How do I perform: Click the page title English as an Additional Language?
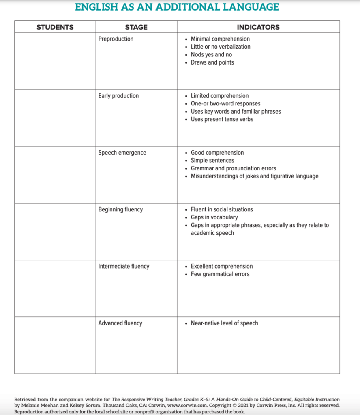(x=177, y=7)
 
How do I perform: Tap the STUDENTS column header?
(x=55, y=27)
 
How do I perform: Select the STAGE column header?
(x=136, y=27)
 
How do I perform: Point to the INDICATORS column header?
(x=258, y=27)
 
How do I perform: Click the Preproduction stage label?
(x=116, y=39)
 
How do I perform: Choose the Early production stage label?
(x=118, y=96)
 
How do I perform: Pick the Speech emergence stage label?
(x=122, y=153)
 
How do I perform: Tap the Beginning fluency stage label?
(x=120, y=209)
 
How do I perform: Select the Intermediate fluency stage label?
(x=124, y=266)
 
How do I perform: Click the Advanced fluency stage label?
(x=120, y=323)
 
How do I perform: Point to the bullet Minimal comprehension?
(x=220, y=39)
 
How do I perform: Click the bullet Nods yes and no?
(x=211, y=54)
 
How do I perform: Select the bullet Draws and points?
(x=212, y=62)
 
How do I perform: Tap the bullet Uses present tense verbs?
(x=222, y=119)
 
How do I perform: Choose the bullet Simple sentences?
(x=212, y=160)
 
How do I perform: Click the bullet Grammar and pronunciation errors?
(x=233, y=168)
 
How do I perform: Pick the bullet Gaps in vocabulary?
(x=214, y=217)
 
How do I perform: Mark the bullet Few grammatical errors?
(x=220, y=274)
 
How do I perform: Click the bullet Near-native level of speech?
(x=224, y=323)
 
